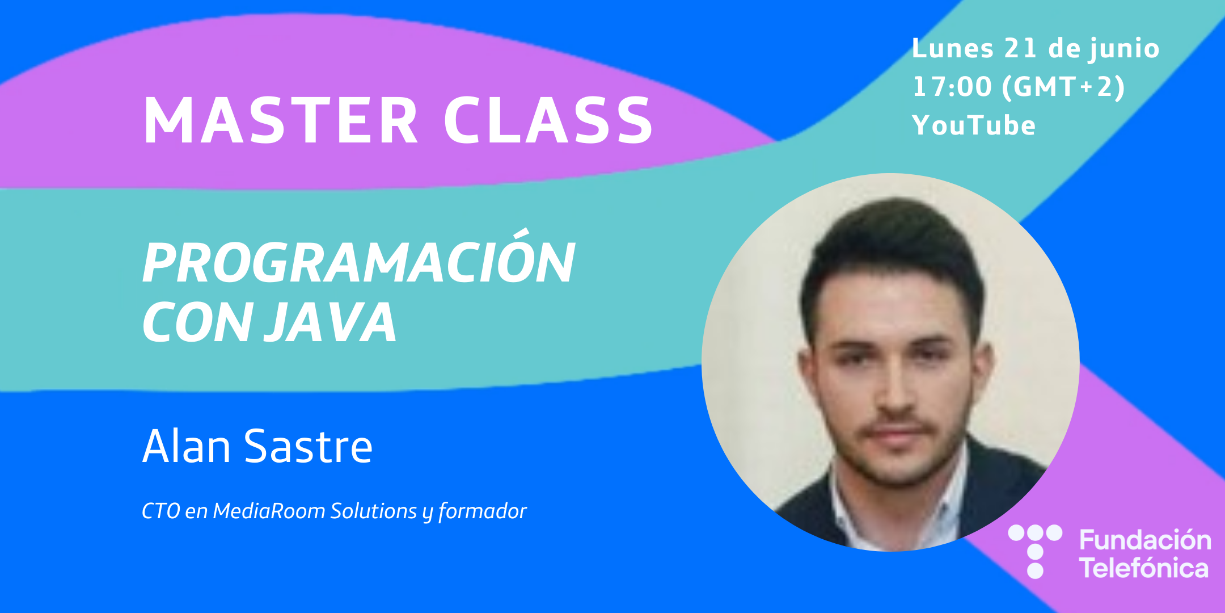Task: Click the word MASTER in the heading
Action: click(281, 120)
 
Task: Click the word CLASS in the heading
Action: click(548, 120)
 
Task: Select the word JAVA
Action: click(332, 322)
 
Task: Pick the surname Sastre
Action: click(308, 447)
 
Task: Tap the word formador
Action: click(483, 511)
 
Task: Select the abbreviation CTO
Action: click(160, 511)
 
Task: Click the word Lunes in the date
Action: click(953, 48)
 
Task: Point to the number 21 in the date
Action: click(1020, 48)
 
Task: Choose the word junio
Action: click(1123, 49)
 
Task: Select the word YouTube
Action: click(974, 125)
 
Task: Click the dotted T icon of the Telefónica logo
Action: click(1035, 551)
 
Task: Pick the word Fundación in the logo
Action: click(1145, 540)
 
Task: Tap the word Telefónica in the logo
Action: click(1144, 568)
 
